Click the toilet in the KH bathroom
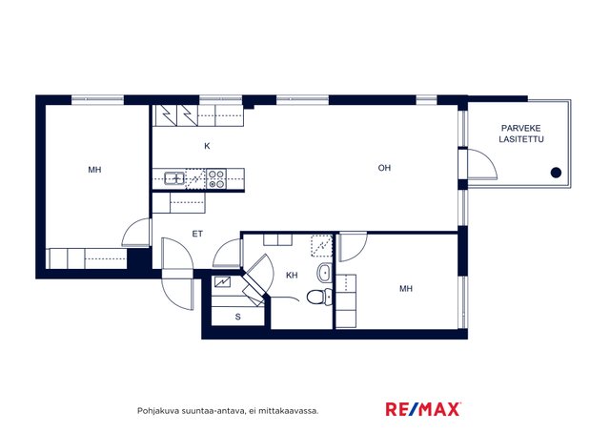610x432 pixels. coord(319,297)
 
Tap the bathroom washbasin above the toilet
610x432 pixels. coord(324,273)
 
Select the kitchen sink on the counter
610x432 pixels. coord(174,178)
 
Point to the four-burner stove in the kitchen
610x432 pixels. coord(216,178)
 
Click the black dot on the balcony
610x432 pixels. coord(556,173)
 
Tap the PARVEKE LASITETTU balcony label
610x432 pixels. coord(521,134)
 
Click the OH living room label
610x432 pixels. coord(384,168)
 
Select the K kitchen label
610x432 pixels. coord(207,146)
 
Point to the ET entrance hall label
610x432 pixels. coord(197,234)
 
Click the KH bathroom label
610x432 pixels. coord(292,276)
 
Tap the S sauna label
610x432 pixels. coord(237,317)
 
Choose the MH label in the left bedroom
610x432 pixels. coord(94,170)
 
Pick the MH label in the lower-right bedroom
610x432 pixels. coord(406,288)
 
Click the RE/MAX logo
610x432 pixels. coord(423,409)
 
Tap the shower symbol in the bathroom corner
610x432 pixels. coord(322,246)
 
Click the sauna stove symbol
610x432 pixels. coord(222,281)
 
